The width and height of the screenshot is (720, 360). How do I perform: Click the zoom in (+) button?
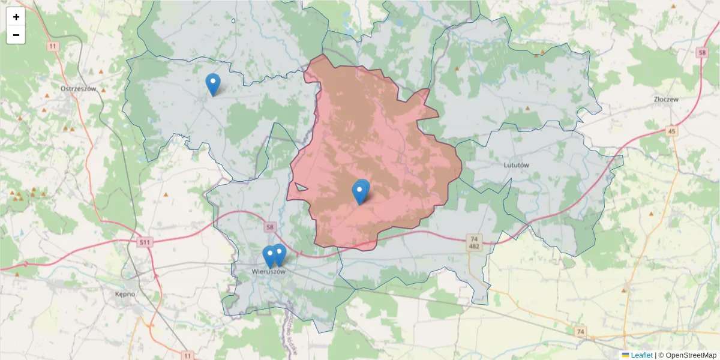pos(16,17)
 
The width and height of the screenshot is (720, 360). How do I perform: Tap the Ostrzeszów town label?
pos(79,88)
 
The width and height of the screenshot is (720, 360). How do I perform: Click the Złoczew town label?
pos(666,100)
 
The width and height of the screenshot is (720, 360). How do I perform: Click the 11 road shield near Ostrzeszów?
pos(53,46)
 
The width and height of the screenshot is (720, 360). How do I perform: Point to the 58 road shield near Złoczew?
pos(702,53)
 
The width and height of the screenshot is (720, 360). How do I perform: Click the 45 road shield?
pos(671,131)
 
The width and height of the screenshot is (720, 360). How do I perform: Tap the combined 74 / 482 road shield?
pos(474,242)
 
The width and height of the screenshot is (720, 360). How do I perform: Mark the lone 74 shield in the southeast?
pos(580,331)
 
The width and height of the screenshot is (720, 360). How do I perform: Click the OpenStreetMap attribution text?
pos(686,355)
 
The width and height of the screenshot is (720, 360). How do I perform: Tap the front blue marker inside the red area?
pos(359,193)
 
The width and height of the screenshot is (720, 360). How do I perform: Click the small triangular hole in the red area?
pos(301,187)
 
